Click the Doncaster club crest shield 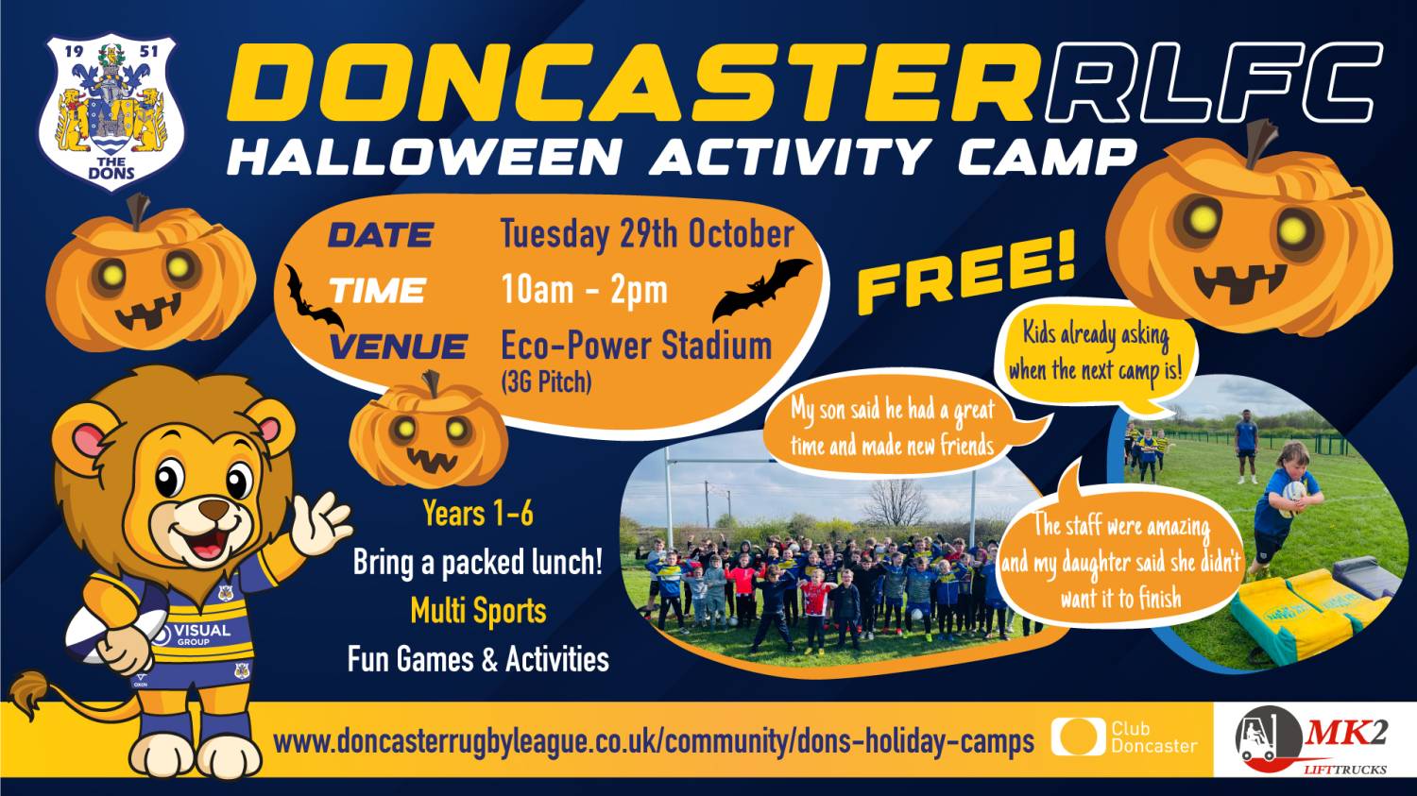coord(111,111)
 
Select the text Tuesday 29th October coord(647,234)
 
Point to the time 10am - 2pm coord(585,290)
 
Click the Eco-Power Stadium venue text coord(637,347)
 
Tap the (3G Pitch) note coord(546,381)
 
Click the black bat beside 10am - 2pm coord(761,289)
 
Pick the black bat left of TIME coord(313,297)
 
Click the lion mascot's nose coord(214,508)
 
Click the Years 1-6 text coord(478,514)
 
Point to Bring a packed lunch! coord(478,562)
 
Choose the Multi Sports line coord(478,611)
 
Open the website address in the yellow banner coord(654,741)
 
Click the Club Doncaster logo coord(1125,737)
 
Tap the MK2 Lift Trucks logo coord(1313,740)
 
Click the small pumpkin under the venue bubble coord(428,430)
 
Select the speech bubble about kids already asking coord(1096,354)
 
